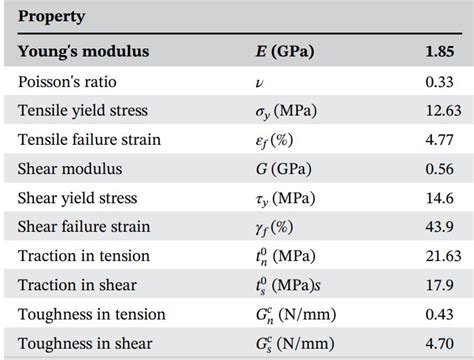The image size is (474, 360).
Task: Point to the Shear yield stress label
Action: click(77, 198)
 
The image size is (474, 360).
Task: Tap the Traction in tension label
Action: click(83, 256)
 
